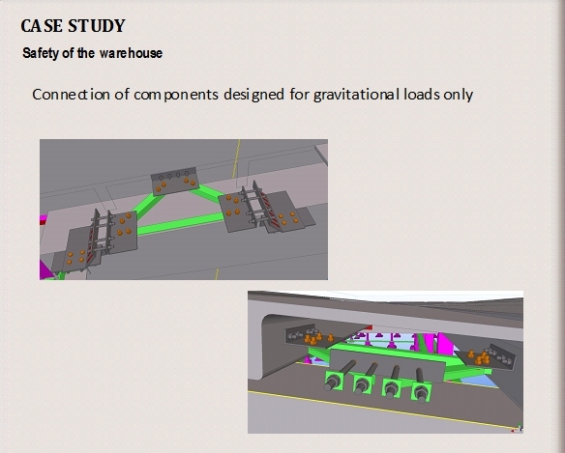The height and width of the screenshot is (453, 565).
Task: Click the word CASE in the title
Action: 42,26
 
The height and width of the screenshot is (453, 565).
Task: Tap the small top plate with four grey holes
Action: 174,181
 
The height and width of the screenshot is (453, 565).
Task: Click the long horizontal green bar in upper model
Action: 180,224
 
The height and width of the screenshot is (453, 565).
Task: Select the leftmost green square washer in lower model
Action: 334,381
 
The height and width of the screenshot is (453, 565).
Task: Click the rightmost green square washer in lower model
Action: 421,391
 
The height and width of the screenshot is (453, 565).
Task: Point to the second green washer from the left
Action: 363,384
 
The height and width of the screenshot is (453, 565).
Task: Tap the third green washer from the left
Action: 392,388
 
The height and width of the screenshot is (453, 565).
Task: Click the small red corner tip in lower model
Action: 368,327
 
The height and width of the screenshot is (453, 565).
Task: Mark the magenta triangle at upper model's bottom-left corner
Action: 45,269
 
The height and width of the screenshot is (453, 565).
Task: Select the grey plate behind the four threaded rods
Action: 387,364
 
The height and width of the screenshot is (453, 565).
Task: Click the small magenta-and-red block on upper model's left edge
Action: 44,219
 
